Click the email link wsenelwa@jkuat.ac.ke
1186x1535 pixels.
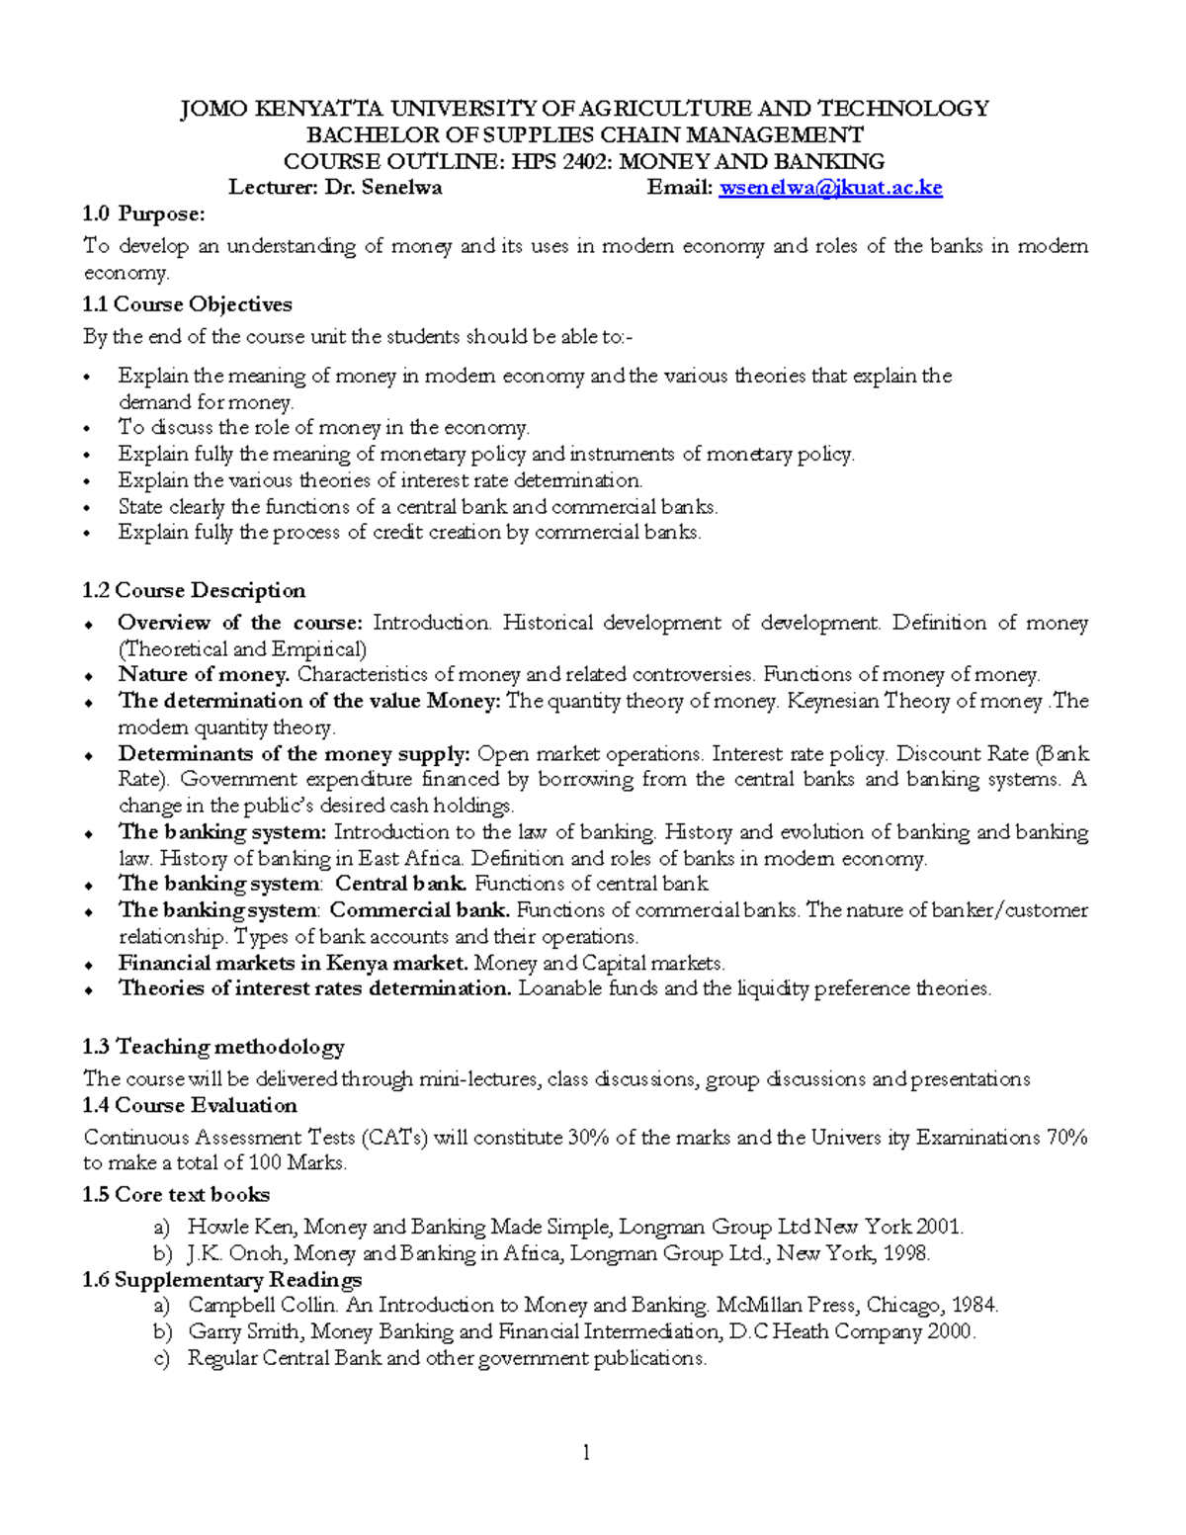tap(830, 188)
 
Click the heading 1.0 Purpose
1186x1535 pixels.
tap(144, 214)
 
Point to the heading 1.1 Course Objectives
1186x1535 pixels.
tap(188, 304)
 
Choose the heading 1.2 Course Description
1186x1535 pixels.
tap(195, 591)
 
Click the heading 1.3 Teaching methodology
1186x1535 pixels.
tap(213, 1047)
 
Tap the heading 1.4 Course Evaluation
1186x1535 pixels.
tap(191, 1105)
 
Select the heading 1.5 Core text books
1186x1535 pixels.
tap(177, 1194)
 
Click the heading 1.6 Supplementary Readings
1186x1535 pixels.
tap(222, 1280)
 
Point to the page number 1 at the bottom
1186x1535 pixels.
tap(586, 1452)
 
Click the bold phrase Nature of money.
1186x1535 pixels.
tap(204, 675)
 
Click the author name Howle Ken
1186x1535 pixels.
tap(240, 1228)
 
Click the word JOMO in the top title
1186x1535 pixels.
tap(212, 109)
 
